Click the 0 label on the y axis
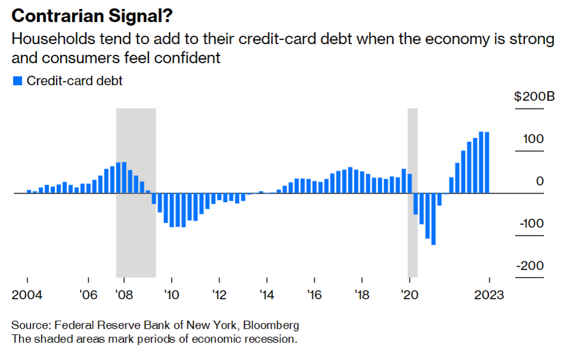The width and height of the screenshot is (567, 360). [540, 181]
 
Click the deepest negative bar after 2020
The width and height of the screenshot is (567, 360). [434, 219]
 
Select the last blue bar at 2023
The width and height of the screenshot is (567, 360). [487, 163]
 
